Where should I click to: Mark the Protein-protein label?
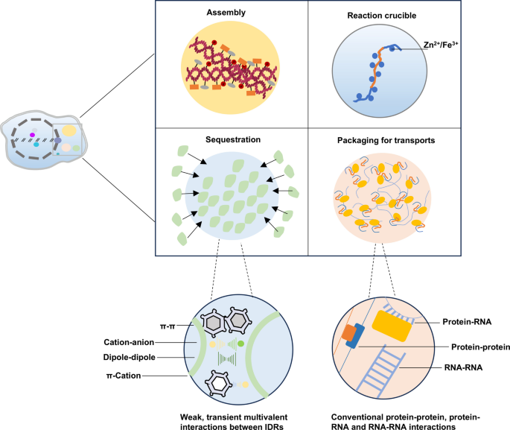pos(474,347)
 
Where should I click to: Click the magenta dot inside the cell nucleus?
pos(31,133)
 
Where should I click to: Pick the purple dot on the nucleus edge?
pos(57,139)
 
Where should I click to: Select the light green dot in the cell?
pos(76,149)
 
